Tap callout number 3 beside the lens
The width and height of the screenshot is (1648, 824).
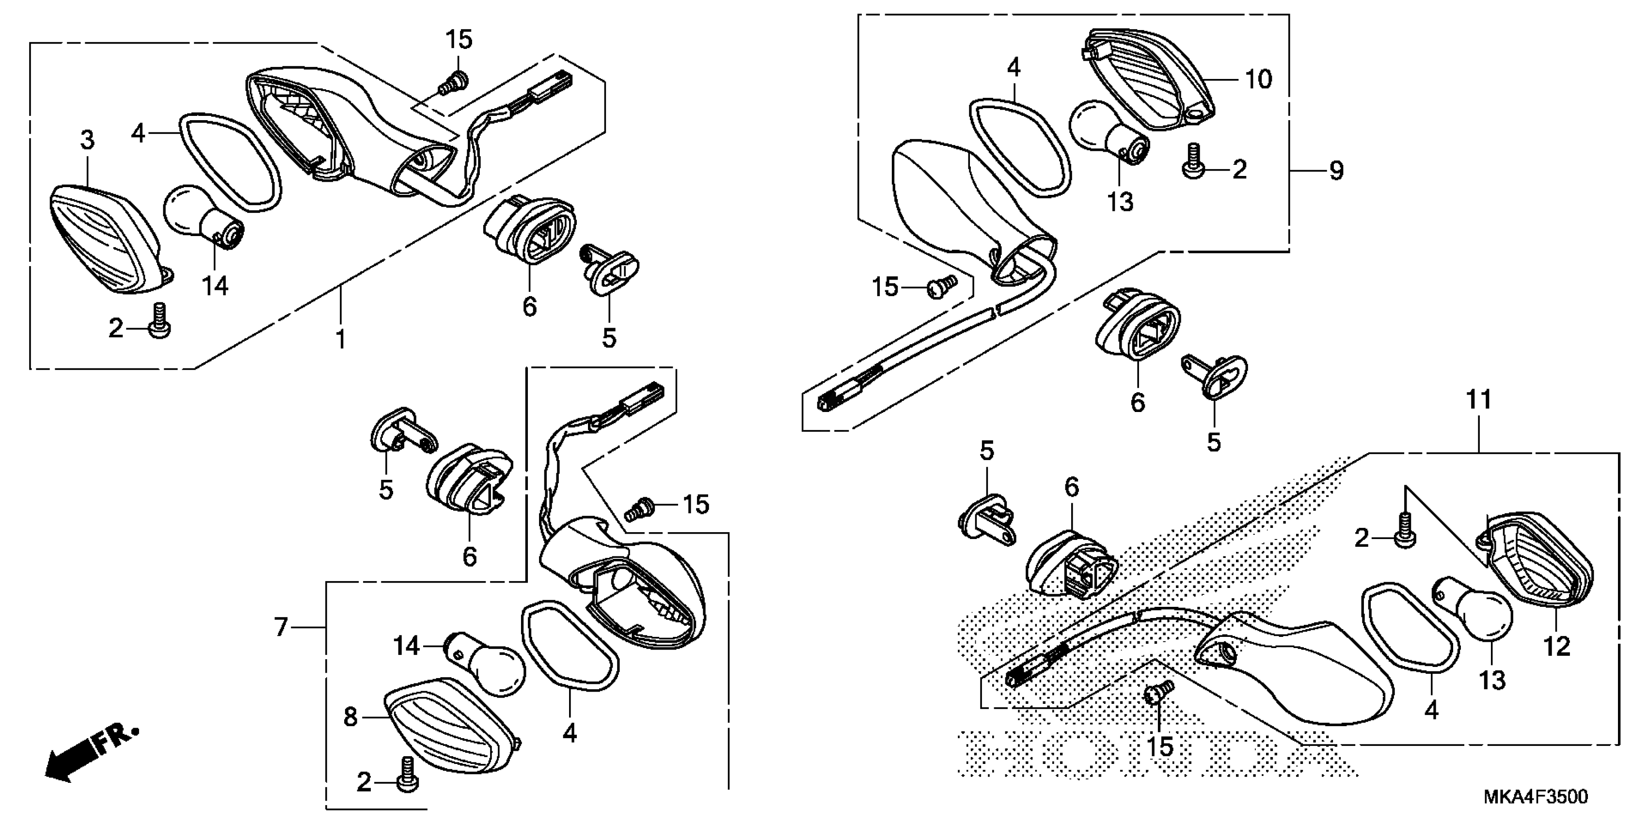[x=87, y=140]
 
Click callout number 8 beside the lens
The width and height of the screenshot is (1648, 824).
[x=350, y=717]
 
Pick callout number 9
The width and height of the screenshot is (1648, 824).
[x=1336, y=170]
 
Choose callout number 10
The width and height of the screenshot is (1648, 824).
[x=1258, y=79]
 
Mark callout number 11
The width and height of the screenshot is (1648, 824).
[x=1478, y=400]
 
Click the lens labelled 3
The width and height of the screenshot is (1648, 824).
[x=106, y=237]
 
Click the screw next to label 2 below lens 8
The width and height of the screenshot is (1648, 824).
[x=406, y=776]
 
